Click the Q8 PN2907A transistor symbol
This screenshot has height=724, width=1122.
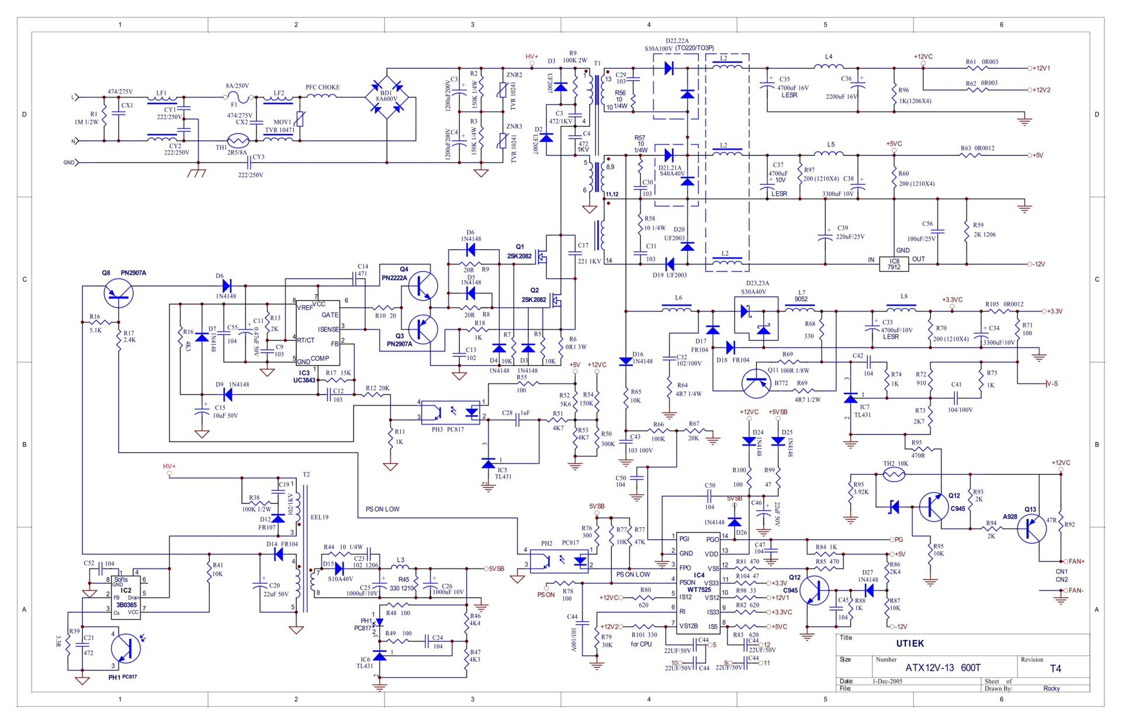coord(118,292)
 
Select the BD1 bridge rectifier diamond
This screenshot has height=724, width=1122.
coord(387,94)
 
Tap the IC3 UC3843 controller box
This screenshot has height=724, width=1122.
coord(318,333)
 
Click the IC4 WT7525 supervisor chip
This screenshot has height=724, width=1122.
coord(699,582)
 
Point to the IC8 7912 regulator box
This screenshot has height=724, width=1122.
coord(894,264)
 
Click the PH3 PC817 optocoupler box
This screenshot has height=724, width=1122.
coord(451,412)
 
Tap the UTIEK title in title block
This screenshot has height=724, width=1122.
coord(910,643)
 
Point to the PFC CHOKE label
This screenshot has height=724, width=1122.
coord(323,87)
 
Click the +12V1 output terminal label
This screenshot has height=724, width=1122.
coord(1041,68)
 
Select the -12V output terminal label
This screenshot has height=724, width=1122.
coord(1038,264)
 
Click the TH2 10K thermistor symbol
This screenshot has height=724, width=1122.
coord(893,475)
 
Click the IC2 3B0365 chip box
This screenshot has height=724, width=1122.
coord(126,595)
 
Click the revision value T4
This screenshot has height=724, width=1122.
coord(1055,668)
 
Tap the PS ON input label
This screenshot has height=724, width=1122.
coord(546,595)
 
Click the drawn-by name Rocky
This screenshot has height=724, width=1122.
coord(1051,688)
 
